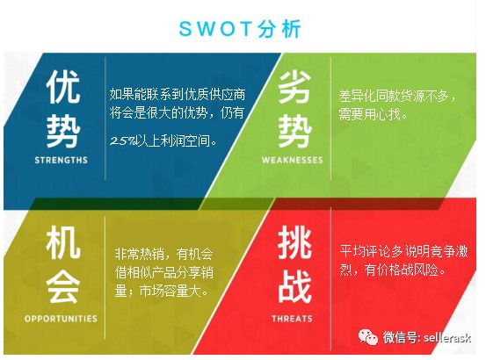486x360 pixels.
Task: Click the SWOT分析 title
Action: point(240,29)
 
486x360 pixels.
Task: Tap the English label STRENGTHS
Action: point(61,160)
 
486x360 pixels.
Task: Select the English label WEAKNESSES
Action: point(293,160)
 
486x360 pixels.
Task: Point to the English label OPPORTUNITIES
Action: point(61,319)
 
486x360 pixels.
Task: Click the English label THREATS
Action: point(292,319)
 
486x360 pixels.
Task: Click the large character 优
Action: point(63,86)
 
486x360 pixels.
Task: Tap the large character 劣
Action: point(294,86)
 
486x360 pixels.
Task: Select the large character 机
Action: point(63,242)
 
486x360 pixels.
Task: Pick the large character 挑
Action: point(294,242)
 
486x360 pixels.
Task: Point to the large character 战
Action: point(294,286)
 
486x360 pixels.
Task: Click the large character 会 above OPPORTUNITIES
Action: point(63,286)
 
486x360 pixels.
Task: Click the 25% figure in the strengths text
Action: point(123,141)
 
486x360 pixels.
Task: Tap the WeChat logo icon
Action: point(367,336)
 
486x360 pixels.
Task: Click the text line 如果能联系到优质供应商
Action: point(178,94)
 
